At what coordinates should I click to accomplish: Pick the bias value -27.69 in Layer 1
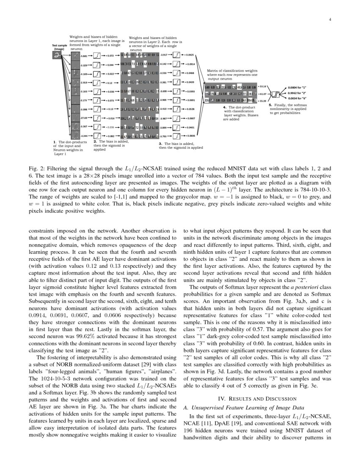83,118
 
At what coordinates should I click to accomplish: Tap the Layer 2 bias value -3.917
165,55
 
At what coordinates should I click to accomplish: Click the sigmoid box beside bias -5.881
97,55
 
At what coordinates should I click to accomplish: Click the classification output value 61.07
263,94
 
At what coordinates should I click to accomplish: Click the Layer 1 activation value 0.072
110,55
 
